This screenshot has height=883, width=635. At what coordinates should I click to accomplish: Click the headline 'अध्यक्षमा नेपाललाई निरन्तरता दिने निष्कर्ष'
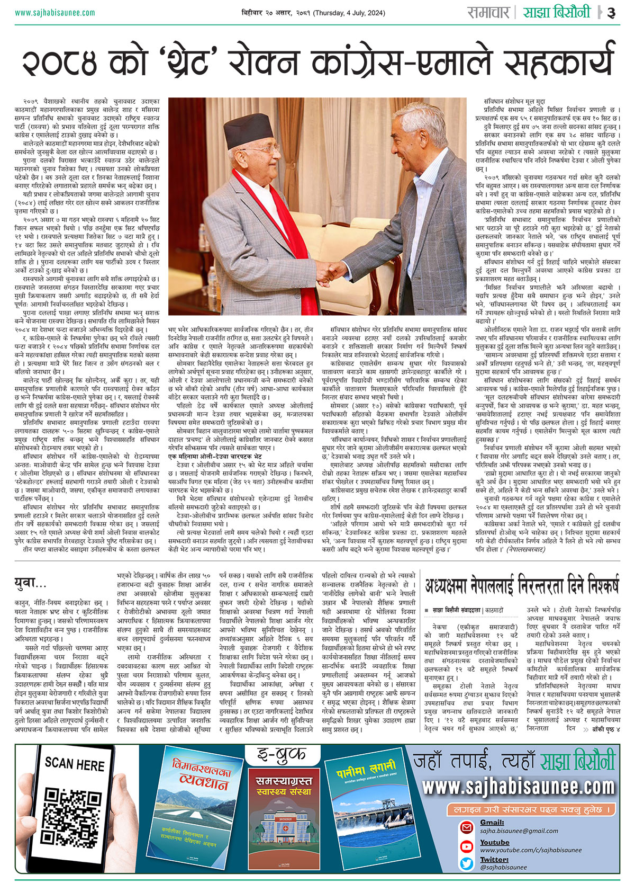[x=521, y=581]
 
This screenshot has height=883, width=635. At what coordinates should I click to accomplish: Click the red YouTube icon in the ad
[x=466, y=846]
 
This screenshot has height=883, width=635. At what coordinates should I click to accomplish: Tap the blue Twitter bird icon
[x=466, y=863]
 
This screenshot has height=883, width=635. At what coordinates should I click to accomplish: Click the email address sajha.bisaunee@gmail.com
[x=512, y=831]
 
